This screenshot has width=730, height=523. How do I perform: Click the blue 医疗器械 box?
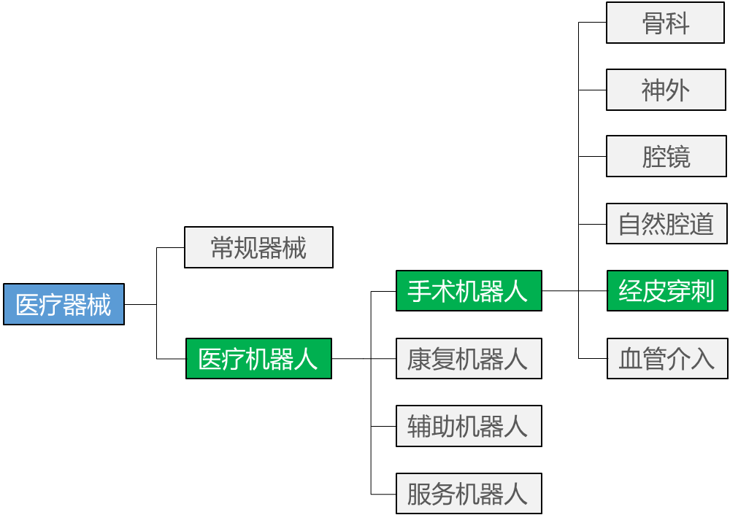(64, 304)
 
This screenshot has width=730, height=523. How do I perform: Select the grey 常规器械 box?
(258, 247)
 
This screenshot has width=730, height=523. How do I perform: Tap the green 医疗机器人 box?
(258, 358)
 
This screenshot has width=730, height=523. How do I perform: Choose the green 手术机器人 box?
(469, 291)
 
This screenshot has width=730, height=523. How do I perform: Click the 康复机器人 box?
(469, 358)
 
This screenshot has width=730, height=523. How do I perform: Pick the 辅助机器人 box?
(469, 426)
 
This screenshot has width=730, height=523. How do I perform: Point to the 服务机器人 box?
(469, 493)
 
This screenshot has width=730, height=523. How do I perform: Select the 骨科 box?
(665, 23)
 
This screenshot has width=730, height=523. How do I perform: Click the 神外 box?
(665, 90)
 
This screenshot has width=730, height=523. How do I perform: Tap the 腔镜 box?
(665, 157)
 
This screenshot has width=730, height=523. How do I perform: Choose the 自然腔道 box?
(666, 224)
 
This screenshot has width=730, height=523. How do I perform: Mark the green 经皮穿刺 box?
(666, 291)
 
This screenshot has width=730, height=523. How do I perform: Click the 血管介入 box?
(666, 358)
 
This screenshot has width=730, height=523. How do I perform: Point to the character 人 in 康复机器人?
(516, 359)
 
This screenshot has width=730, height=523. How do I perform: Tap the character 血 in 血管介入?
(630, 359)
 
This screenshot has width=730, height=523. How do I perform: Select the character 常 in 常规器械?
(223, 248)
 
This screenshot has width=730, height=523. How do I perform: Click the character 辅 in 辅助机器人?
(420, 427)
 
